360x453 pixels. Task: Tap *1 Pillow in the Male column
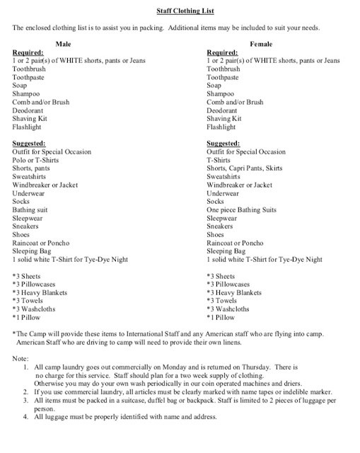tap(29, 318)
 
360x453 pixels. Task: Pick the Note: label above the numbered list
tap(21, 360)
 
